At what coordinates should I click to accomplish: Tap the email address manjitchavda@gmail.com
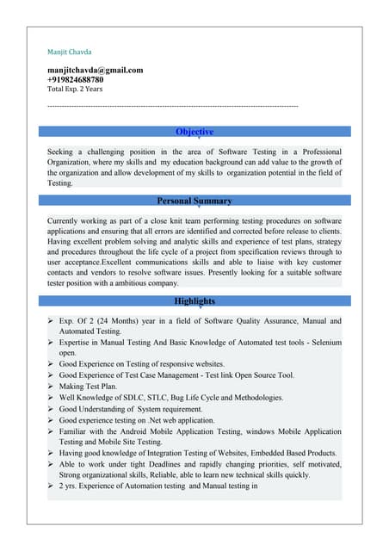pos(95,70)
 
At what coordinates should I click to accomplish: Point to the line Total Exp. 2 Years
pos(74,89)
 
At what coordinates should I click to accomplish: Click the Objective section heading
pos(194,132)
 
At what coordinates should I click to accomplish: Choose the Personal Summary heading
pos(194,201)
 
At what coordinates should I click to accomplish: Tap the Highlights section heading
pos(194,301)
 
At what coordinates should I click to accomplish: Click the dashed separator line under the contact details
pos(172,105)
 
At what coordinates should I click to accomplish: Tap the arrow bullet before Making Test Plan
pos(52,387)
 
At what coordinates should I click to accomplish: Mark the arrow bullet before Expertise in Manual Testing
pos(52,343)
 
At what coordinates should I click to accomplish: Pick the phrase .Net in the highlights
pos(170,420)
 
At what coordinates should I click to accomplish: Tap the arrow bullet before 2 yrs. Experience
pos(52,486)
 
